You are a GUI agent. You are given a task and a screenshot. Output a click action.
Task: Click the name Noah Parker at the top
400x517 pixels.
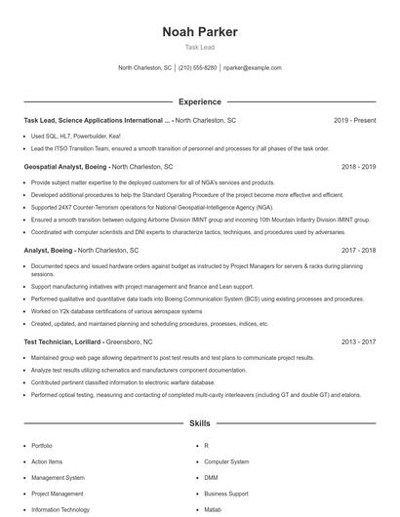200,31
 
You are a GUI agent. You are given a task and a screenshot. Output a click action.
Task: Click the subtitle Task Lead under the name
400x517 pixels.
200,47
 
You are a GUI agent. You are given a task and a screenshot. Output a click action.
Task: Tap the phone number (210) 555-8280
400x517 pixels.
197,68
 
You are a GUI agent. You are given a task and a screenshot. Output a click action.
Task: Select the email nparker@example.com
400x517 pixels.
252,68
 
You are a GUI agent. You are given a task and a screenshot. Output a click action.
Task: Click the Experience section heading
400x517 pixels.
200,101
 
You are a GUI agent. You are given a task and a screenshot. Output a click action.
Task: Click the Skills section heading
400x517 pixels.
200,425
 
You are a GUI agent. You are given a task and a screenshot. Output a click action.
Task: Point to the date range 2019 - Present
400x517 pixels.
354,120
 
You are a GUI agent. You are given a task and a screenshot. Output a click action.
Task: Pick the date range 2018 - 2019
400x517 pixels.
358,167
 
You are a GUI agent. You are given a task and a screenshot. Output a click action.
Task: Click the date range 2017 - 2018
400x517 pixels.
358,250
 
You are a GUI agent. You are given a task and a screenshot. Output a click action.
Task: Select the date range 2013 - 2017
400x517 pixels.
358,342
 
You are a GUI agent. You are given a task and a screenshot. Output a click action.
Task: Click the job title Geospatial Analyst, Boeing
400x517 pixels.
65,167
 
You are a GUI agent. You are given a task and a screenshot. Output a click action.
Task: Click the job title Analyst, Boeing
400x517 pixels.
48,250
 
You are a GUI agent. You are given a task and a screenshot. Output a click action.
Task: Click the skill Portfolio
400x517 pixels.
41,446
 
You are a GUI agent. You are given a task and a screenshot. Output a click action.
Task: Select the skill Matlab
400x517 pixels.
213,510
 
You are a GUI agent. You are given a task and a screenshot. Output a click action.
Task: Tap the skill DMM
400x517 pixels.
210,478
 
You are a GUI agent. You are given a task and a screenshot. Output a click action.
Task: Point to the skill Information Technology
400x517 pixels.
60,510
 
